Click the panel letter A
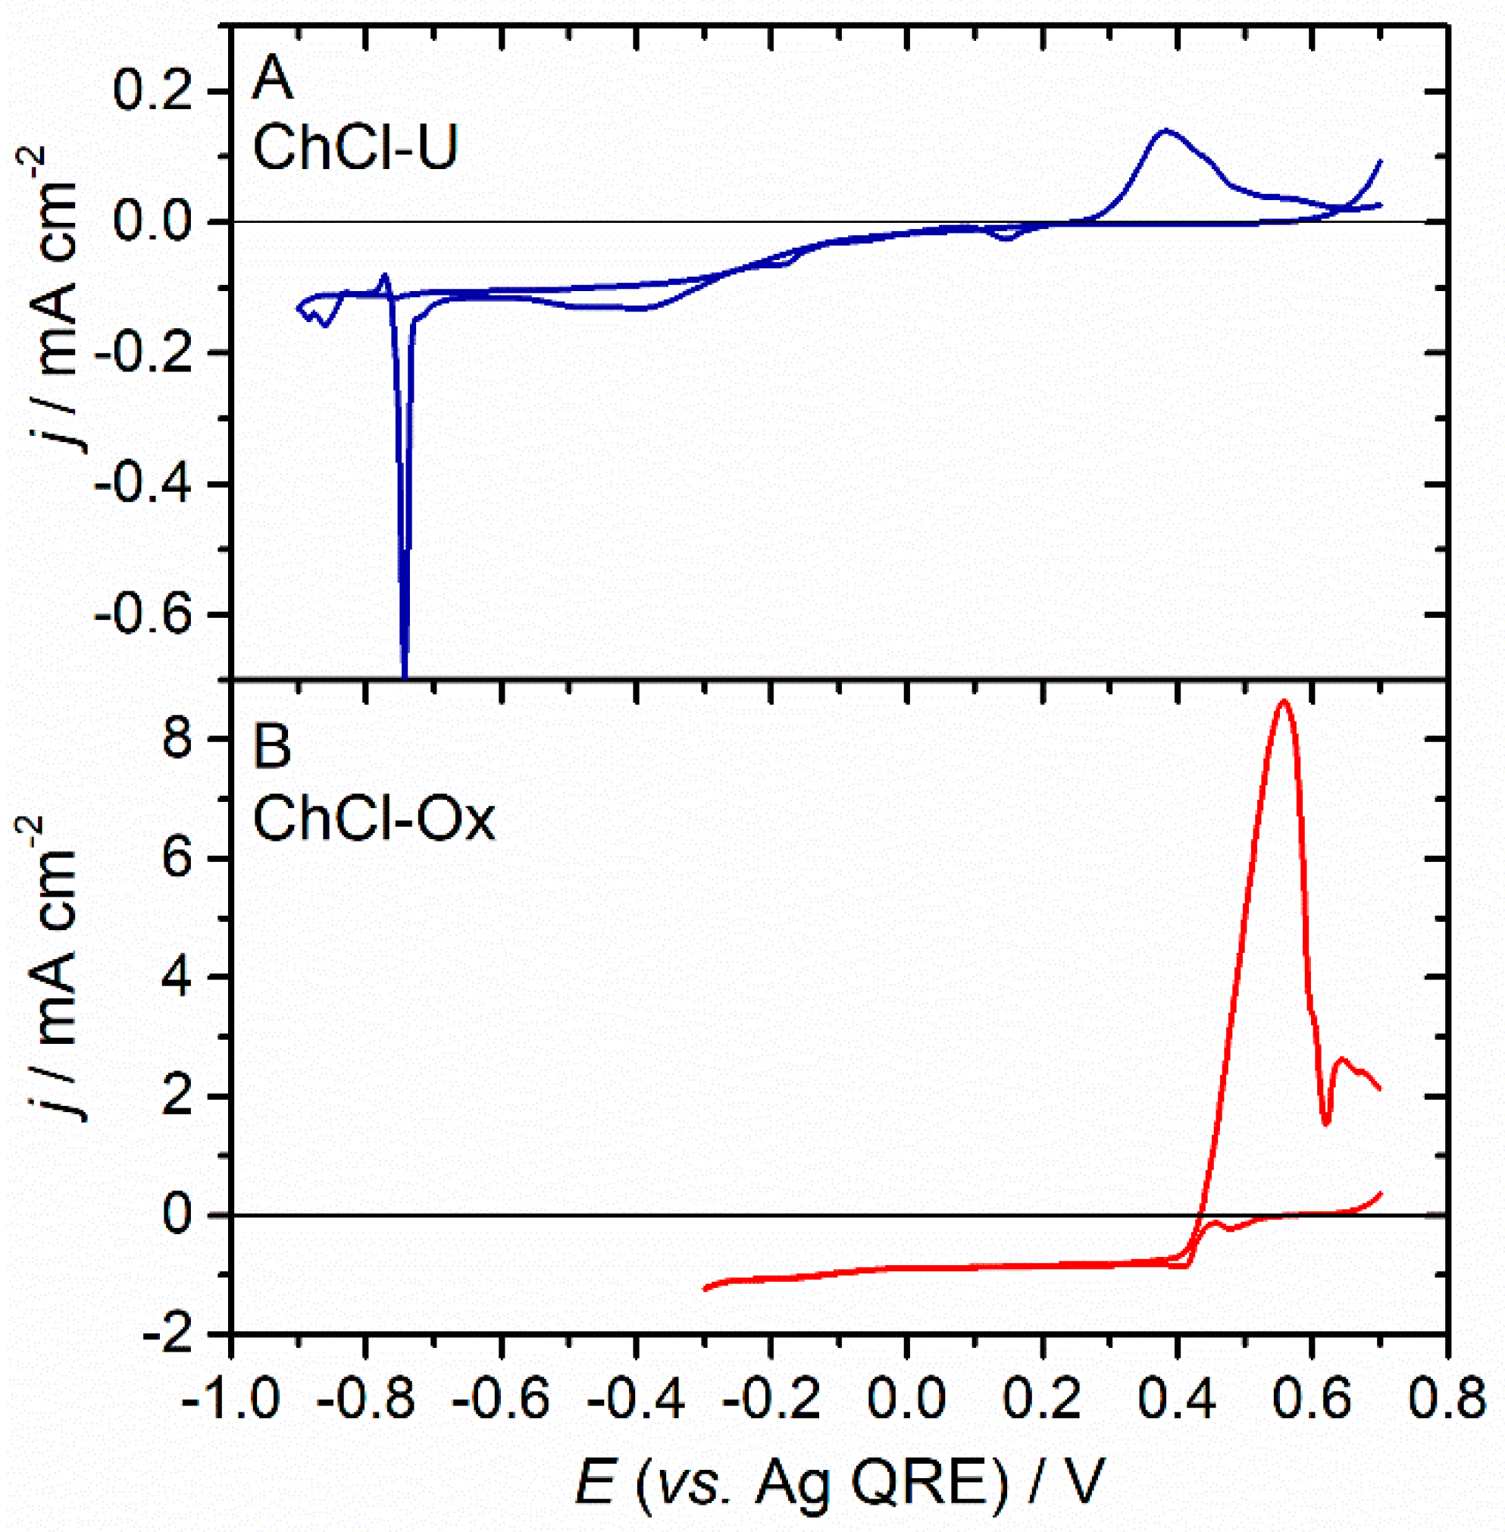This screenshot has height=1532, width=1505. pos(272,80)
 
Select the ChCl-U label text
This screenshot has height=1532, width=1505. pos(355,149)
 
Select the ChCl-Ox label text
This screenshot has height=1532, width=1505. pos(373,819)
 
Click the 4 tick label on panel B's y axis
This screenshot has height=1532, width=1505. pos(179,978)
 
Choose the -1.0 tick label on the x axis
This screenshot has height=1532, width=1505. pos(231,1400)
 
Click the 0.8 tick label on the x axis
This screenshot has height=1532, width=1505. pos(1447,1400)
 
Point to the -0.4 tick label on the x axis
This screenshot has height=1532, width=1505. pos(637,1400)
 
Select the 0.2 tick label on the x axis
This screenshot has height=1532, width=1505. pos(1043,1400)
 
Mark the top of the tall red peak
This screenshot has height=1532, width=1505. pos(1284,701)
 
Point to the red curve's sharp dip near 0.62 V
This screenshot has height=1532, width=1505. pos(1326,1123)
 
